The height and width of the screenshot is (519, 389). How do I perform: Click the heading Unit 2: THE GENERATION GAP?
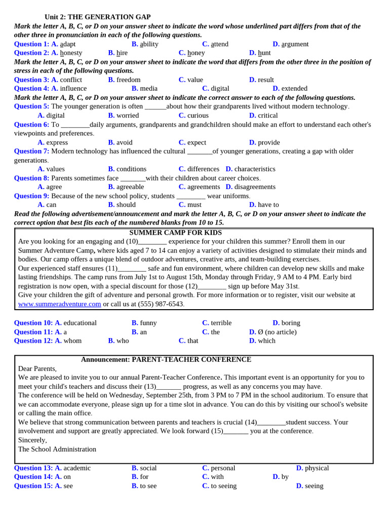(x=97, y=17)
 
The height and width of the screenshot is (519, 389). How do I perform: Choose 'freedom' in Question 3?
(x=128, y=80)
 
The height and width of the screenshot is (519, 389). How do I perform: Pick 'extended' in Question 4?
(x=294, y=88)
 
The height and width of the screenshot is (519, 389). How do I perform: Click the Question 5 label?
(x=31, y=106)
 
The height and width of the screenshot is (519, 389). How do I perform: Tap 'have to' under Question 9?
(x=268, y=205)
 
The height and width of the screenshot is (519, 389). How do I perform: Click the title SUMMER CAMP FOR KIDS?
(x=175, y=233)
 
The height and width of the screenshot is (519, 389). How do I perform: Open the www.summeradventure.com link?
(x=60, y=304)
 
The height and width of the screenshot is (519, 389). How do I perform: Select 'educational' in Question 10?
(x=80, y=323)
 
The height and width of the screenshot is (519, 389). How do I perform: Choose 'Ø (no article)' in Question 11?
(x=277, y=332)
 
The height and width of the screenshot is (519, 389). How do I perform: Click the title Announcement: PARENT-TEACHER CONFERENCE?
(x=166, y=359)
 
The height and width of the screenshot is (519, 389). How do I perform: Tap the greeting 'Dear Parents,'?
(x=37, y=368)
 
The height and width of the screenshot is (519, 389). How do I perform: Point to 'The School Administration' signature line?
(x=57, y=449)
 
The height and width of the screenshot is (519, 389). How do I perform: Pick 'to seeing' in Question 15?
(x=223, y=486)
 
